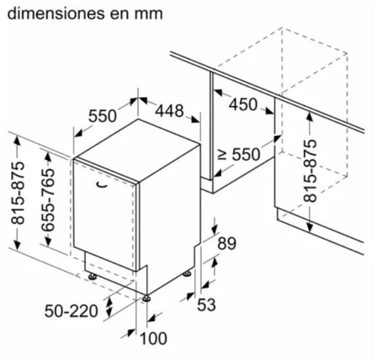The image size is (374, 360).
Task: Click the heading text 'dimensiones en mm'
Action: pos(85,14)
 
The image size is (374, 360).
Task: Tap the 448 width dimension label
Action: pos(169,111)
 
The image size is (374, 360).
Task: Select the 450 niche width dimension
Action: pos(243,104)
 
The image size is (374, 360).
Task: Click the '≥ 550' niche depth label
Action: pos(239,154)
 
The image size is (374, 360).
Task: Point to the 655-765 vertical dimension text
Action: pos(48,200)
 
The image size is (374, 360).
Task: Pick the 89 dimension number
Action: pos(226,243)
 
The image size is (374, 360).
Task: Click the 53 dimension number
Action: pos(207,305)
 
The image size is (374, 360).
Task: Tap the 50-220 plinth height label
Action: pos(72,311)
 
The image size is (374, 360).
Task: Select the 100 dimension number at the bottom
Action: pos(153,338)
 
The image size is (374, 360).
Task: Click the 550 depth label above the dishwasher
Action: pos(102,116)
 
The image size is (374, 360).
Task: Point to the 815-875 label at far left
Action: pos(18,193)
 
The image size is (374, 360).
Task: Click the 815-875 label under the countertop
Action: pos(310,171)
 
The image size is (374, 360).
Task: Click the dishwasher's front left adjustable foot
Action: pos(93,277)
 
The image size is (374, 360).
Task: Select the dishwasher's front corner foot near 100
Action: pos(146,298)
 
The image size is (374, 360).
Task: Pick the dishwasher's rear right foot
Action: pos(187,273)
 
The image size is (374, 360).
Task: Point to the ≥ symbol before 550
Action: pos(222,155)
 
